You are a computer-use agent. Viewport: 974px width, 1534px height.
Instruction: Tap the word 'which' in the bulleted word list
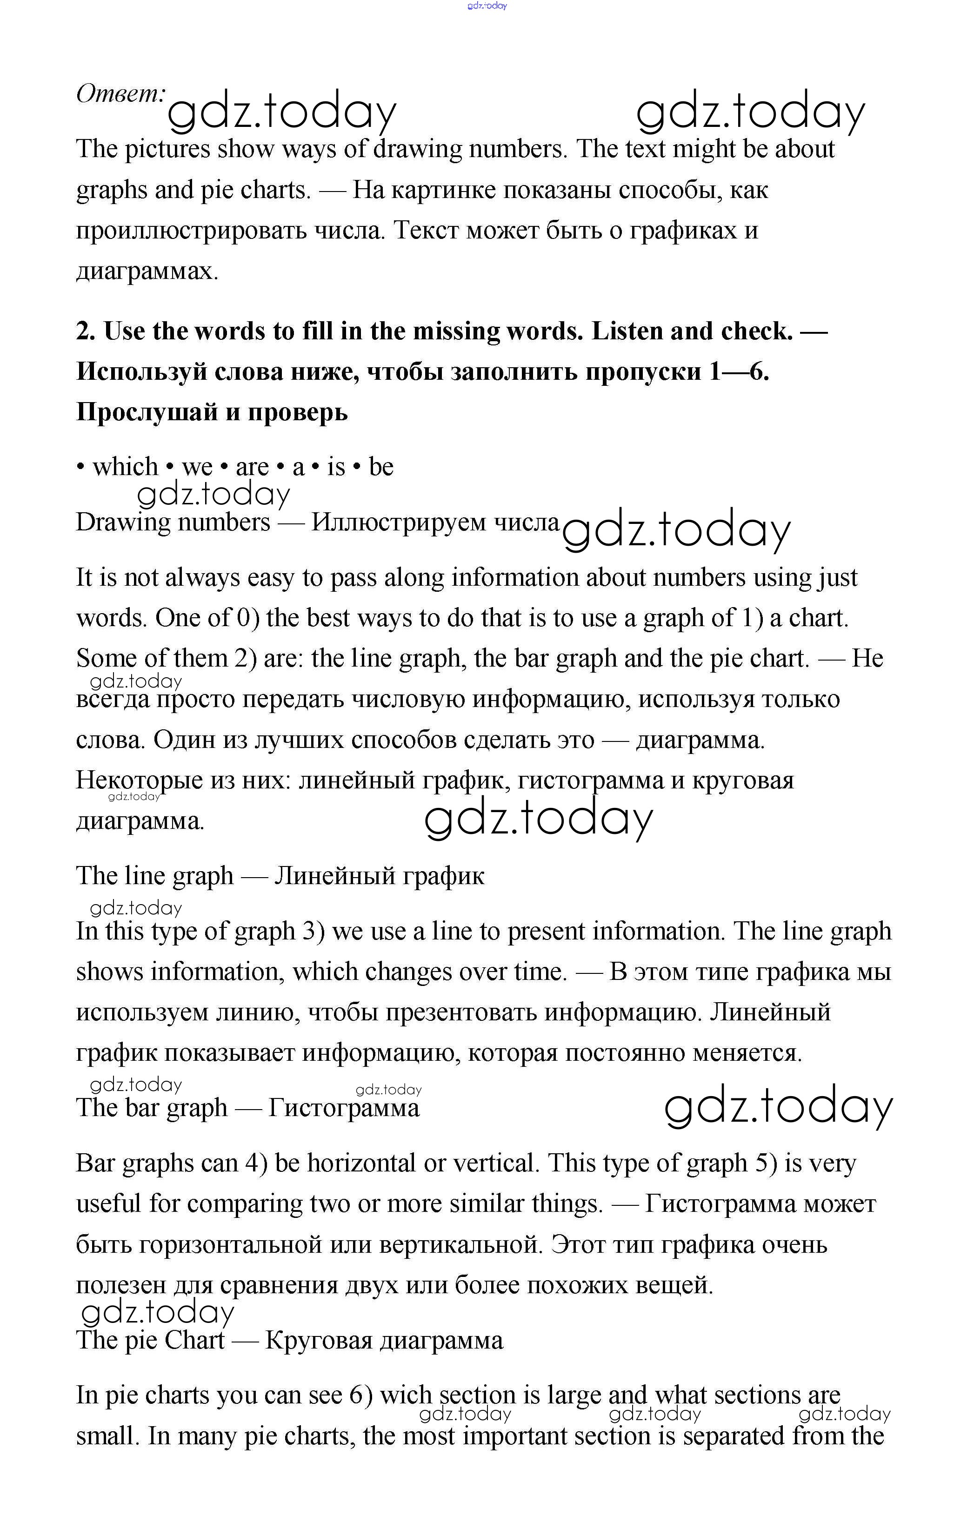125,467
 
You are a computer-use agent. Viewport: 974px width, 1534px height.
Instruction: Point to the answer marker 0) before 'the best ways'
248,618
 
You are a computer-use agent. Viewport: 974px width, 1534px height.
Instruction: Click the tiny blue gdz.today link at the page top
487,6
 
